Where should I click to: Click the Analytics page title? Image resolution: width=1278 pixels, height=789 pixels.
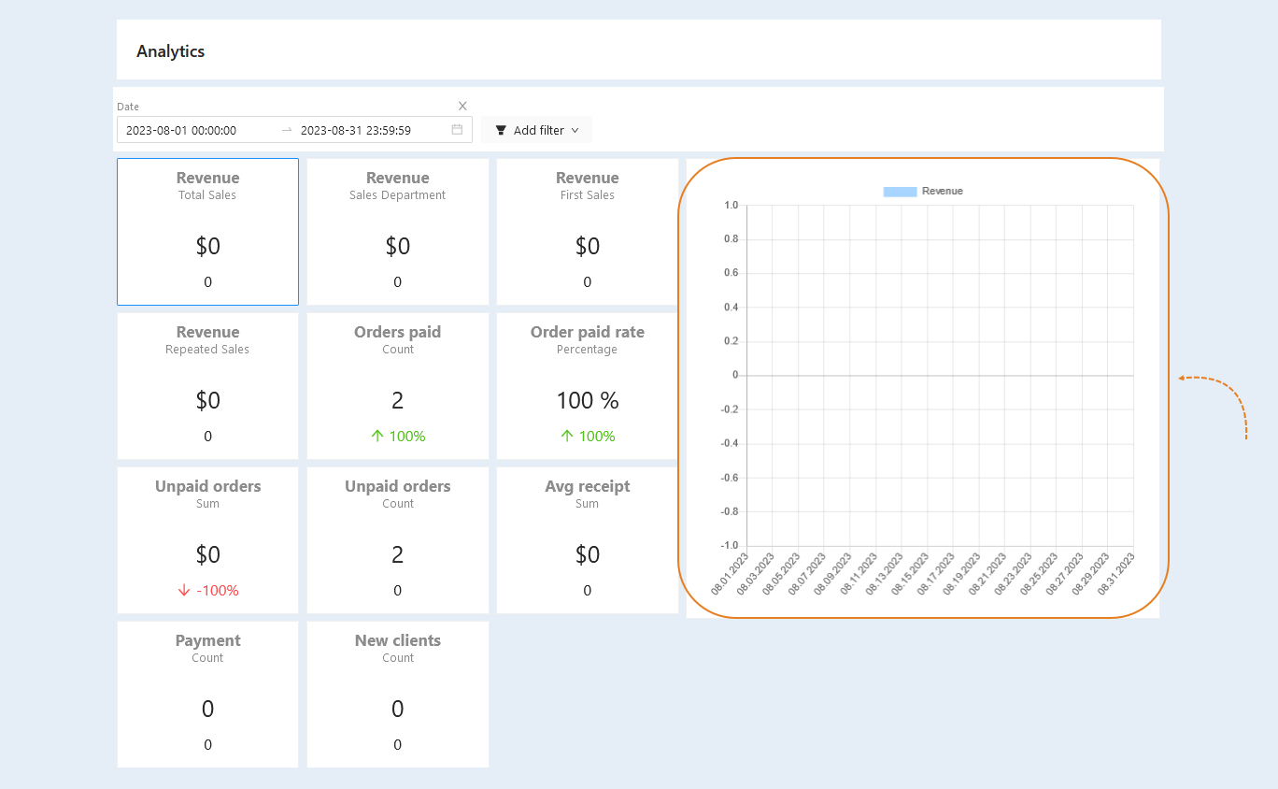click(x=170, y=51)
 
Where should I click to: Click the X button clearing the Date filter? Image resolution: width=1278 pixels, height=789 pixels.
click(x=462, y=106)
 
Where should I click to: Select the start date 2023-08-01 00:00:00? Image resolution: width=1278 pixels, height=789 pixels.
click(x=181, y=130)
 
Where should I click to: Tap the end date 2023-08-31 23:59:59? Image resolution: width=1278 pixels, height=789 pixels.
click(x=355, y=130)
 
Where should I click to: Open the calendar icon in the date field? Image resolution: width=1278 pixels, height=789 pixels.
click(x=457, y=130)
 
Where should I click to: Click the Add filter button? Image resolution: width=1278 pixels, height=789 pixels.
click(x=537, y=130)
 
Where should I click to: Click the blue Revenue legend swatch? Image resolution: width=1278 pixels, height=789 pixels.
click(x=900, y=192)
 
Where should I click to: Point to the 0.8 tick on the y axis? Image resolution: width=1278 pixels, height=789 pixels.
click(x=731, y=238)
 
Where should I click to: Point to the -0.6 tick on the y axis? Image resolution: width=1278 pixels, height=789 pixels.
click(x=729, y=478)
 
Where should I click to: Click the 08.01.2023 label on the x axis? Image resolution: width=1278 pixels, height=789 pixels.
click(x=729, y=574)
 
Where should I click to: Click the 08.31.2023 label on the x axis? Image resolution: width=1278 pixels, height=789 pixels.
click(x=1116, y=574)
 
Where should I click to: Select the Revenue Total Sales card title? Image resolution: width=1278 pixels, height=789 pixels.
click(x=207, y=178)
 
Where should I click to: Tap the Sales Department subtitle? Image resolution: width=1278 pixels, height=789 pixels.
click(x=397, y=195)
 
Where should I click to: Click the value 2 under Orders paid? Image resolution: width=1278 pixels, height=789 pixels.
click(x=398, y=400)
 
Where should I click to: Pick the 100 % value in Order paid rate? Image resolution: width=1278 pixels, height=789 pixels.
click(x=588, y=400)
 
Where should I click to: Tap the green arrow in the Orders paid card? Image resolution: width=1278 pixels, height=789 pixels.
click(x=377, y=437)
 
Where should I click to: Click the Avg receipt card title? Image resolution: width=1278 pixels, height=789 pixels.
click(x=587, y=486)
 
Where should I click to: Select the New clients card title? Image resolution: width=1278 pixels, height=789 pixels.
click(x=398, y=640)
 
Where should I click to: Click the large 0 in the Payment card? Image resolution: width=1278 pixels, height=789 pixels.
click(x=207, y=709)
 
